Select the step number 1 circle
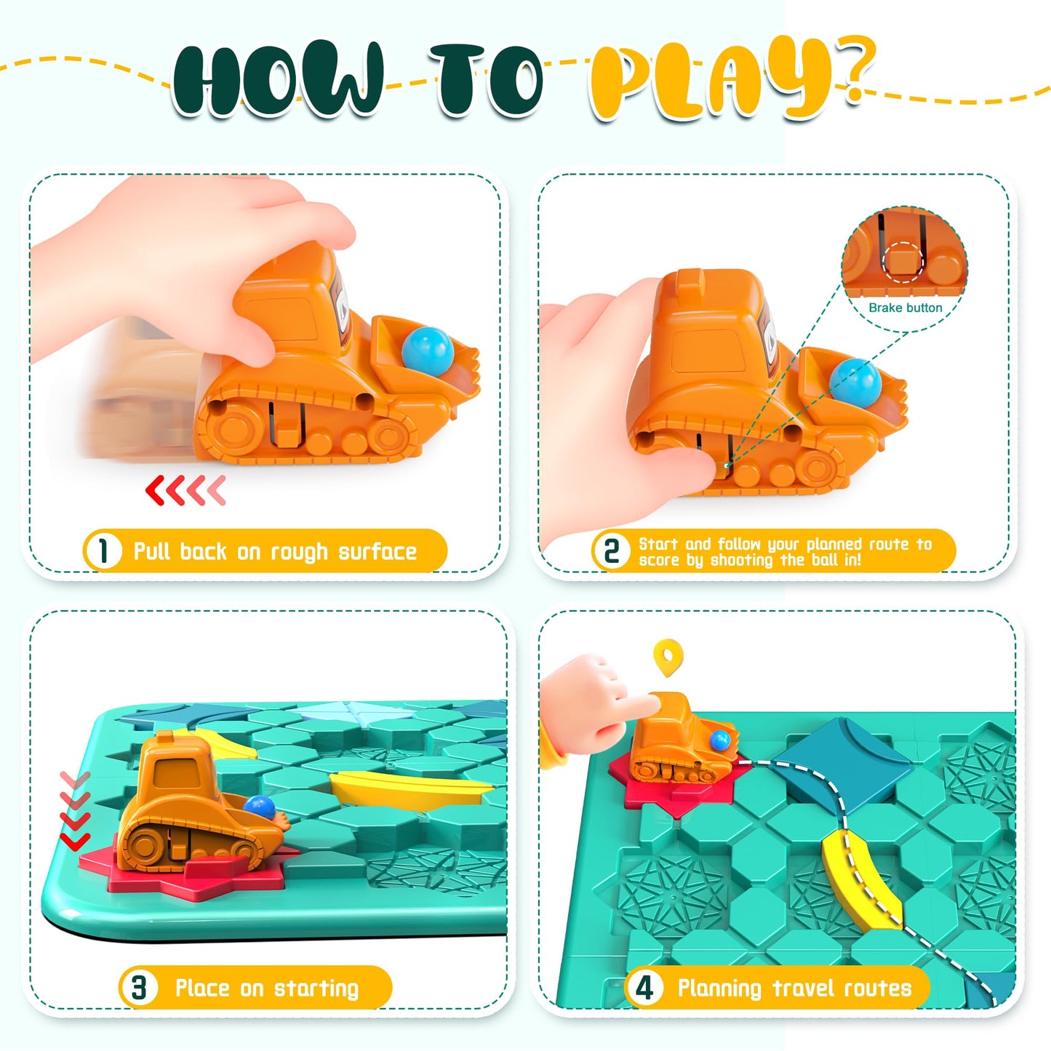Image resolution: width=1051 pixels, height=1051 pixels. (103, 551)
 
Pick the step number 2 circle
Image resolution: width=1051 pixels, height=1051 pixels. (612, 551)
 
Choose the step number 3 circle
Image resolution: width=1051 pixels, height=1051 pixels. (139, 987)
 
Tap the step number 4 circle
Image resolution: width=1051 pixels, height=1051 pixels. (644, 987)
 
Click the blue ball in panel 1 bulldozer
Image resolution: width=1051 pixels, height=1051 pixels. (428, 348)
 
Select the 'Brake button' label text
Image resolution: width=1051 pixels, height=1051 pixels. (905, 308)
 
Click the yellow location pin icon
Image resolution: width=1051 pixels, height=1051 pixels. (668, 657)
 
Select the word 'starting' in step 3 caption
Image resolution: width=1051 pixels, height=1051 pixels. (316, 988)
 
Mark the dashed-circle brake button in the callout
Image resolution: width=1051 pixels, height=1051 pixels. (903, 261)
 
